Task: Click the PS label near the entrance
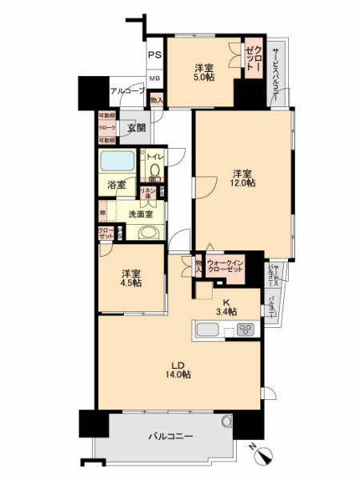[x=154, y=55]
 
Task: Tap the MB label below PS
[x=154, y=79]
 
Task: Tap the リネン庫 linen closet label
[x=147, y=194]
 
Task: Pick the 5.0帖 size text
[x=204, y=78]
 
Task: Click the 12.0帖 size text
[x=244, y=183]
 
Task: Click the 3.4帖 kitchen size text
[x=226, y=311]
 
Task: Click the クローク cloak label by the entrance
[x=106, y=128]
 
